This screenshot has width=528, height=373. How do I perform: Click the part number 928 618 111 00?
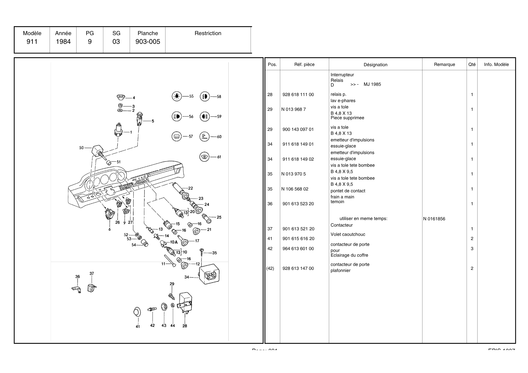[x=298, y=94]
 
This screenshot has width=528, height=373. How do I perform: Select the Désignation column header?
[x=375, y=65]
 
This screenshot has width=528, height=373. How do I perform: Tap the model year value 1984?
[x=63, y=42]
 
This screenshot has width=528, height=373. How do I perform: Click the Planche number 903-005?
[x=148, y=42]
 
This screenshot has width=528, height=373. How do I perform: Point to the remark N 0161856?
[x=434, y=219]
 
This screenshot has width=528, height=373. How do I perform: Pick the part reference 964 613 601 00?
[x=298, y=248]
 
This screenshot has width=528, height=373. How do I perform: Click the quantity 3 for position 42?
[x=472, y=248]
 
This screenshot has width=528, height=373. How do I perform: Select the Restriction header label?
[x=208, y=33]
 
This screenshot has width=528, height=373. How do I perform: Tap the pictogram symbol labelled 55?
[x=177, y=96]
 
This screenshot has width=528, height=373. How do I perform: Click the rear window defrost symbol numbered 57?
[x=177, y=137]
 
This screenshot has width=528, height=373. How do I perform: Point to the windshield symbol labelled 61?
[x=204, y=157]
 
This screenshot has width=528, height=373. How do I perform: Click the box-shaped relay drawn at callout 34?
[x=209, y=274]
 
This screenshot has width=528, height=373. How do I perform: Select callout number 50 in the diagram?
[x=81, y=148]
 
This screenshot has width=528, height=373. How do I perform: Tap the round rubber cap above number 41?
[x=137, y=312]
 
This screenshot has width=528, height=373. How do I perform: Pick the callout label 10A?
[x=174, y=242]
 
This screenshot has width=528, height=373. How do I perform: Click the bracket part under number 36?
[x=77, y=289]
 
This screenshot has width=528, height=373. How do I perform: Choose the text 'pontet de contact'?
[x=348, y=191]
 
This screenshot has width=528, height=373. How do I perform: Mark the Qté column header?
[x=472, y=64]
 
